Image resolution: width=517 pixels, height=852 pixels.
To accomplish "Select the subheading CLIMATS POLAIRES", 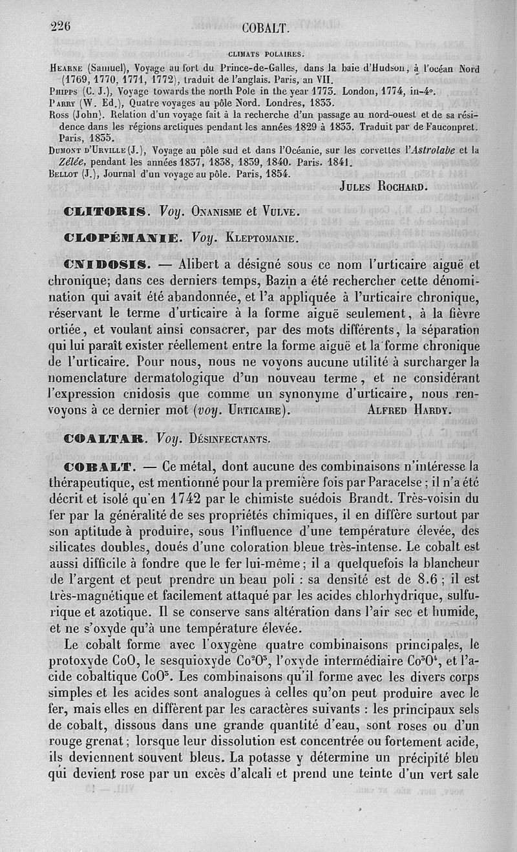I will (268, 54).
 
